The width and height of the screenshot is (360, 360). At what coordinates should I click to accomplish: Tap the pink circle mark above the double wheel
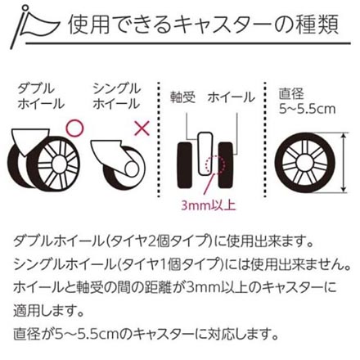(75, 128)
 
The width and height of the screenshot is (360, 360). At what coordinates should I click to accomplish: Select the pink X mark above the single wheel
(142, 128)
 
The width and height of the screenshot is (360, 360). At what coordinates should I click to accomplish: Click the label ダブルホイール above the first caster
(41, 97)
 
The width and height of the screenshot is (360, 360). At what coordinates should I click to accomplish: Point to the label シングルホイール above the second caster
(116, 97)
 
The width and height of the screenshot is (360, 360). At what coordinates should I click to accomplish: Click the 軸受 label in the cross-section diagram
(182, 97)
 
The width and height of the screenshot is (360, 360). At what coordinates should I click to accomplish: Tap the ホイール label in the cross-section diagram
(231, 97)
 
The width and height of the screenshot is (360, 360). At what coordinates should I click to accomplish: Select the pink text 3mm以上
(209, 205)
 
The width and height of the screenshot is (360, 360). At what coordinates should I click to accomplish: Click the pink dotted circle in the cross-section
(215, 164)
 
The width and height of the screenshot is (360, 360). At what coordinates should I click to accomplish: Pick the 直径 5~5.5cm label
(307, 101)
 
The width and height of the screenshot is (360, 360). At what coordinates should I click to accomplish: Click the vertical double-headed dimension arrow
(344, 162)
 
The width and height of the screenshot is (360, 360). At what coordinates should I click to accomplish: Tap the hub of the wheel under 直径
(304, 163)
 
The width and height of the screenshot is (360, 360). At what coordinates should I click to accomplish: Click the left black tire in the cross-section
(185, 165)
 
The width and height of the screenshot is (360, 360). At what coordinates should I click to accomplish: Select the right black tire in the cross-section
(226, 165)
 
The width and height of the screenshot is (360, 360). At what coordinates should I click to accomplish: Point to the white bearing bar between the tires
(205, 154)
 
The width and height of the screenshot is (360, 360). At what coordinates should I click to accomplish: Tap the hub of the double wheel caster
(58, 164)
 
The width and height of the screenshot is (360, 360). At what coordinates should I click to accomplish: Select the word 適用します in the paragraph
(48, 310)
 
